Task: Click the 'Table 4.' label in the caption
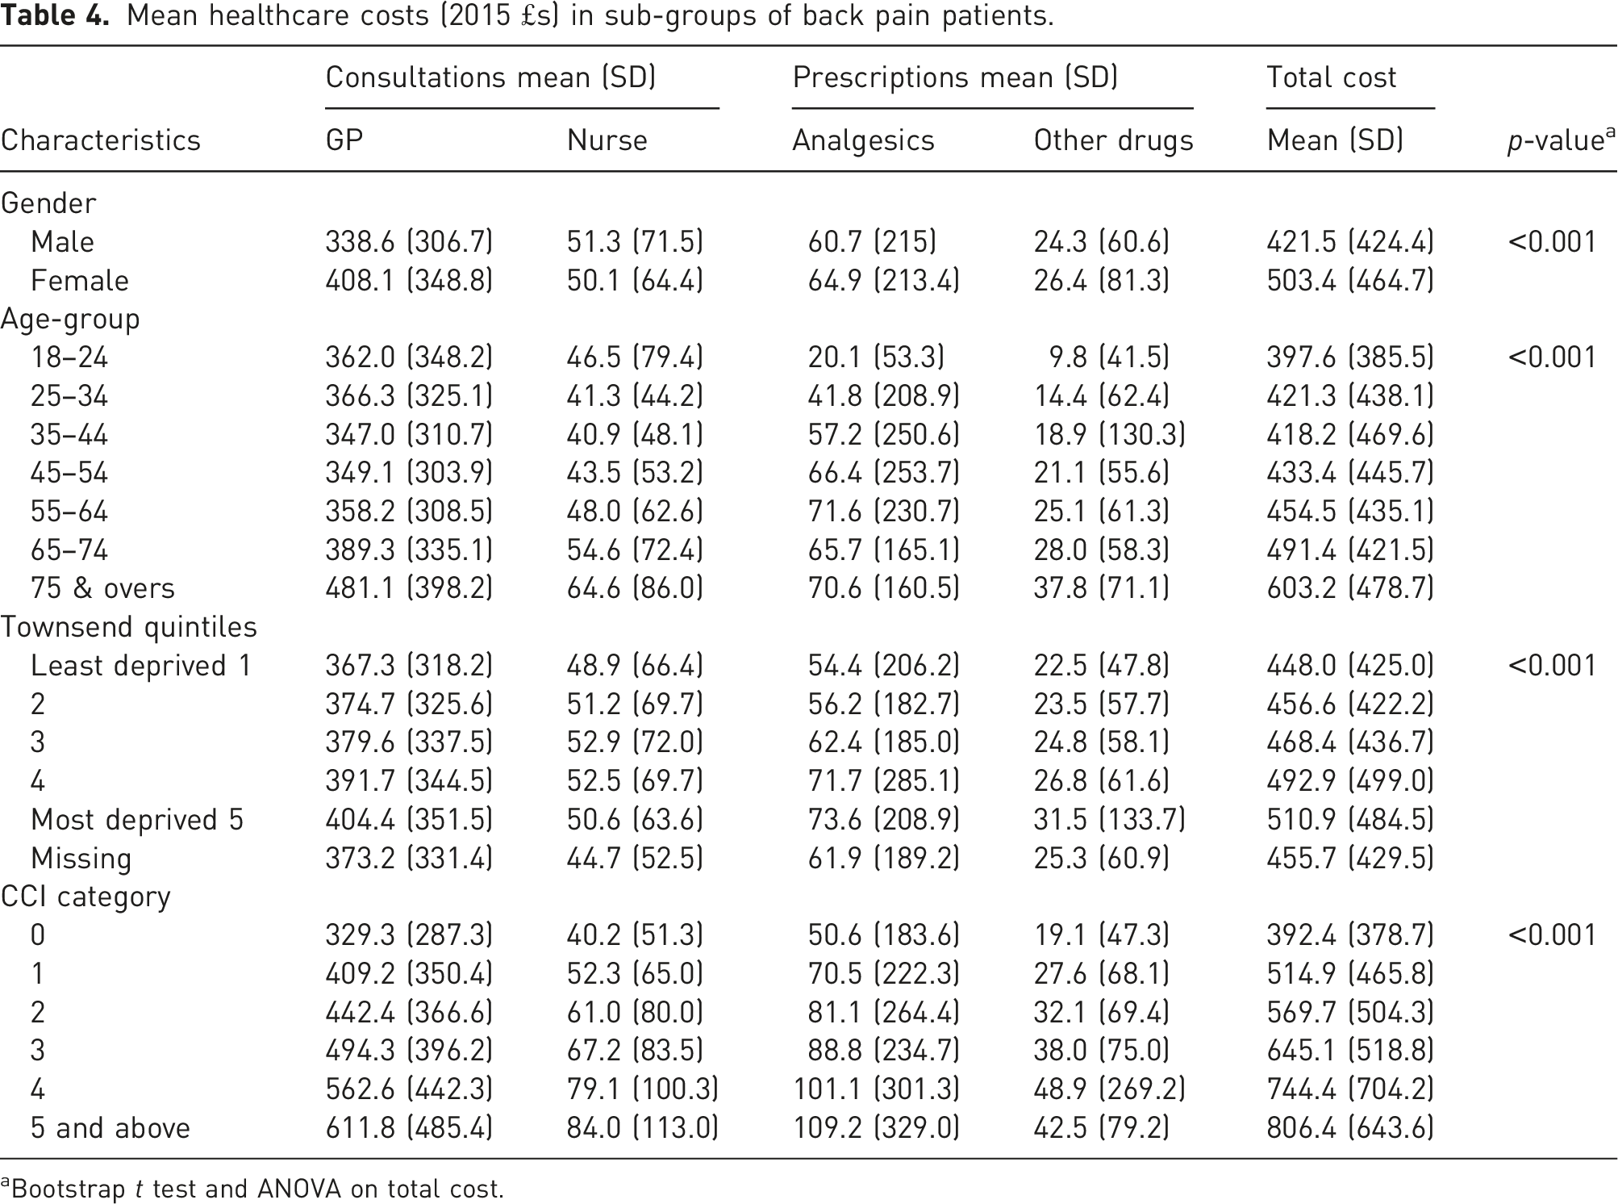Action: (x=55, y=15)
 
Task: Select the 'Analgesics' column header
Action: (x=863, y=140)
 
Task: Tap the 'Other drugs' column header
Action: (x=1113, y=140)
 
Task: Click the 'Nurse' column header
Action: (x=607, y=140)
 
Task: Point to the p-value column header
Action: (x=1562, y=140)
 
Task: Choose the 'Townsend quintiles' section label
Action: (x=129, y=627)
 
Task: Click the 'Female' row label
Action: (x=80, y=281)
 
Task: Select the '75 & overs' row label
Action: (x=102, y=588)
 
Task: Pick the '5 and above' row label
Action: (x=111, y=1128)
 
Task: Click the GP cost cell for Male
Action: (x=409, y=242)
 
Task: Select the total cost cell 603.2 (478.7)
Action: (x=1350, y=588)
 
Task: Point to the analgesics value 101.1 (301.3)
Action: (x=877, y=1089)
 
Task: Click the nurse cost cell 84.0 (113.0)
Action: (x=643, y=1128)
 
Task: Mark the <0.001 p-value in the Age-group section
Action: (x=1552, y=357)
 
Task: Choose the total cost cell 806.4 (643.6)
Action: (x=1350, y=1128)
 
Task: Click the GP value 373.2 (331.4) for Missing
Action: (x=409, y=859)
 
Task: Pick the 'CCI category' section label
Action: (x=85, y=897)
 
